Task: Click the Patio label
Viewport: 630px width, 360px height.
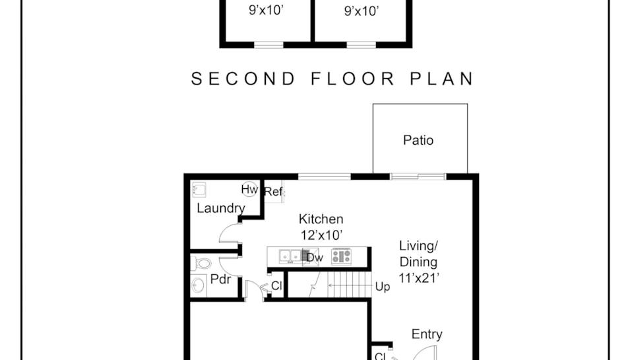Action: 418,140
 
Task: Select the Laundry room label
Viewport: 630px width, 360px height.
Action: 221,208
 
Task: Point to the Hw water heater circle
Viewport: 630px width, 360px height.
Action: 249,190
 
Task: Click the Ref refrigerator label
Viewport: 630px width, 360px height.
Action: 273,192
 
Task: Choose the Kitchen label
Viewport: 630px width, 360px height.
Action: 321,219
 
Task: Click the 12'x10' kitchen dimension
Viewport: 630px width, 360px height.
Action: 321,234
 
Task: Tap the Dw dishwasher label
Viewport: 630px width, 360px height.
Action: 315,258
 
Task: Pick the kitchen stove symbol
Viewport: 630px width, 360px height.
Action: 341,256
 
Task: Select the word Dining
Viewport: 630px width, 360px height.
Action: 418,262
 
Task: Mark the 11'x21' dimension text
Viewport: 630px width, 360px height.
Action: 418,278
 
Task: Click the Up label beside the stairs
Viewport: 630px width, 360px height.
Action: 382,287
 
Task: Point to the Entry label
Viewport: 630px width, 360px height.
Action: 427,334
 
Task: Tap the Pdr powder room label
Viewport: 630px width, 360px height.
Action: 220,279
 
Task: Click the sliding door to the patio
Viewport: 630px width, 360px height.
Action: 418,176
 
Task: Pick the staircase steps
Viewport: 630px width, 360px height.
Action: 350,286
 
